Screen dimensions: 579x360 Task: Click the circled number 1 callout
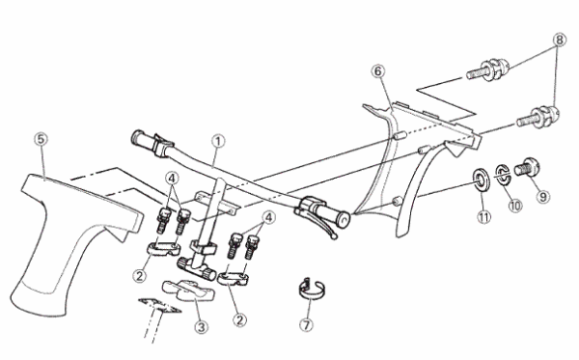218,142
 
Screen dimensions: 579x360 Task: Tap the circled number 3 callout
202,327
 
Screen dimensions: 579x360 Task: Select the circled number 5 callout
41,140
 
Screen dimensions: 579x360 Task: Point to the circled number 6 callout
377,71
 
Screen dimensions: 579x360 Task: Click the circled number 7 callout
306,325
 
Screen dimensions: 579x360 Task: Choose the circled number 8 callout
560,40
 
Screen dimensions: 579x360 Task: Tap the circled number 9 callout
542,197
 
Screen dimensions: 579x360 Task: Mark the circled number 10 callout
514,206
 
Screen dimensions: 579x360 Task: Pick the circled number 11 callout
483,217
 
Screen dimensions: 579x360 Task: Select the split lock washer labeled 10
503,175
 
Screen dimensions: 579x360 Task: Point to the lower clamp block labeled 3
187,291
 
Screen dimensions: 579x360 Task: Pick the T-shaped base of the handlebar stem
195,268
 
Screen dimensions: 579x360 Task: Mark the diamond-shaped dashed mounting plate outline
159,306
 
